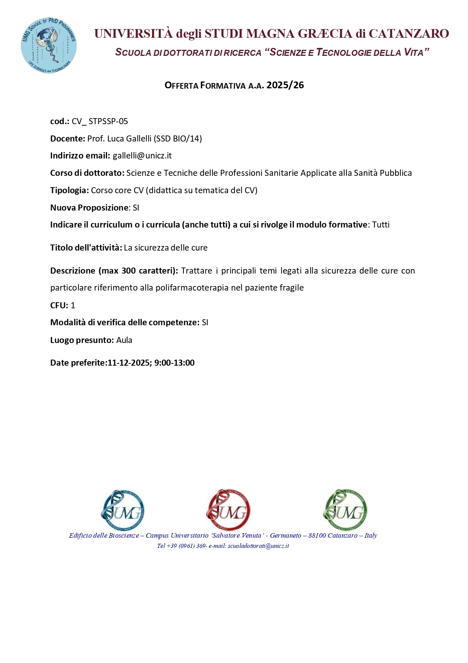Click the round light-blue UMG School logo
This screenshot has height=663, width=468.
pos(49,45)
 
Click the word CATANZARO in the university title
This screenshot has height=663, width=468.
pos(409,34)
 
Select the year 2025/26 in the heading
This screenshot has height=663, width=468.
pos(285,85)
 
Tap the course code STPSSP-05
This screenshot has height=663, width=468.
pos(108,122)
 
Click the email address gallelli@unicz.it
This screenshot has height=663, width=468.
pos(142,156)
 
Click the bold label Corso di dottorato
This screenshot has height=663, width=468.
pos(87,173)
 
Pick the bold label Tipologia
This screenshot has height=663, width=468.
pos(69,191)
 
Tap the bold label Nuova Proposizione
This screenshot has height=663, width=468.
pos(89,208)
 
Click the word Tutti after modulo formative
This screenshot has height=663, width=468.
pos(381,225)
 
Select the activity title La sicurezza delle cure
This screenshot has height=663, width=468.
pos(166,248)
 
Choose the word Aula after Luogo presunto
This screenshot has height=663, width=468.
pos(124,340)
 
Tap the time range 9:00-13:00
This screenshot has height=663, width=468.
pos(174,363)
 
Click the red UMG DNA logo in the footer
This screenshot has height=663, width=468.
pos(228,510)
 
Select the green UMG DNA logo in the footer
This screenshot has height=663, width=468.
pos(345,510)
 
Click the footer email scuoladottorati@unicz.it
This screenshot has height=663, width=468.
pos(258,546)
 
